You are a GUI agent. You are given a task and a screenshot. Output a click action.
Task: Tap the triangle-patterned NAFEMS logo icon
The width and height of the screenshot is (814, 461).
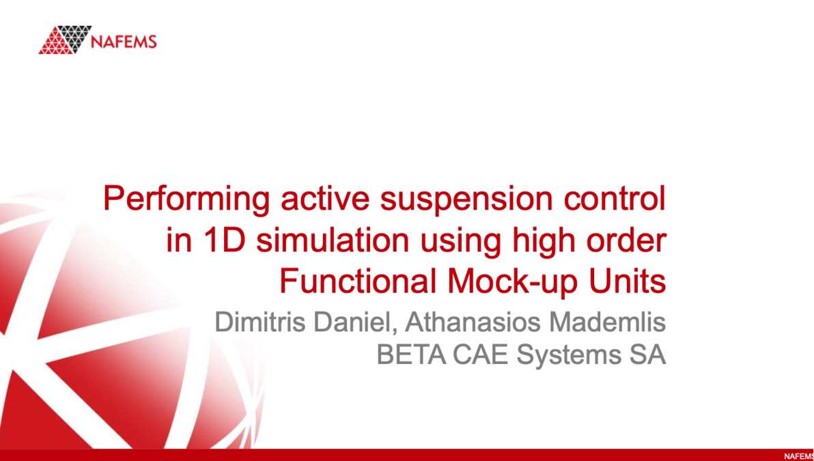[66, 40]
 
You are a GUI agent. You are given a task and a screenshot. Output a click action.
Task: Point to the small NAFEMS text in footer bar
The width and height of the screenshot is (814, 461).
[798, 456]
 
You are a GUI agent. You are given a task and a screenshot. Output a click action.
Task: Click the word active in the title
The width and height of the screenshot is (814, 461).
[309, 199]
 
